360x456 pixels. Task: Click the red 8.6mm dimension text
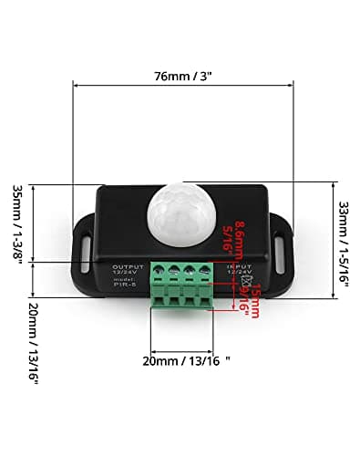238,239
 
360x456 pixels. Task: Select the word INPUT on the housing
240,265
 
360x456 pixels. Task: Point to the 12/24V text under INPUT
240,273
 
